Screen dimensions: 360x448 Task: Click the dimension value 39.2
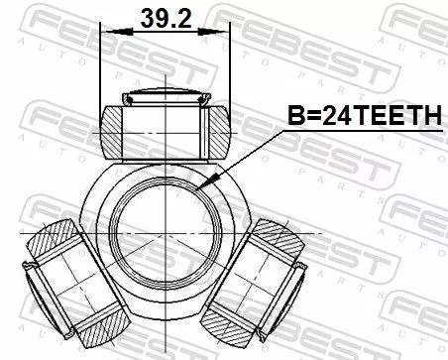coord(165,19)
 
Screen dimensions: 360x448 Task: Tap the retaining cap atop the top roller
coord(166,97)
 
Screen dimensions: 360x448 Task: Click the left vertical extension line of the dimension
coord(102,69)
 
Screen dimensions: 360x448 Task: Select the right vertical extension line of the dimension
coord(230,69)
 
